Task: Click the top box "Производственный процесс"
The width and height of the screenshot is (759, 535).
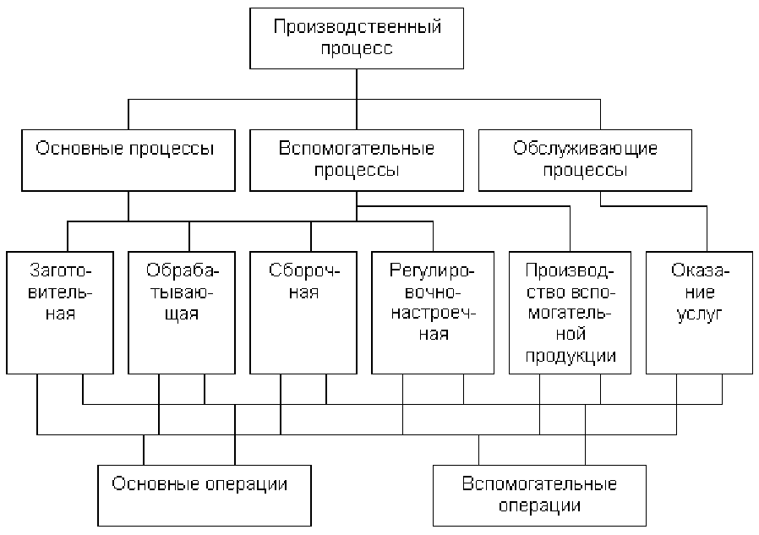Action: (x=357, y=38)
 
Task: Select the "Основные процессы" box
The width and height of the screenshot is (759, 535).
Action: (x=128, y=161)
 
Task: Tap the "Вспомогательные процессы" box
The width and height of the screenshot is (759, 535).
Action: (x=357, y=161)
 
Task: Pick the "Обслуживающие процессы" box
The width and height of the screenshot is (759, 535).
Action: (x=585, y=161)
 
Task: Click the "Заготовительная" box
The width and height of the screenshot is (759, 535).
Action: (x=60, y=313)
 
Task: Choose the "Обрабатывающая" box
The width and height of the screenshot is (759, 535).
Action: (x=182, y=313)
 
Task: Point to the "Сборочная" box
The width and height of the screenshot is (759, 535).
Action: (x=303, y=313)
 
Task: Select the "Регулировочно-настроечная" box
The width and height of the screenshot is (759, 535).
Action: (x=433, y=313)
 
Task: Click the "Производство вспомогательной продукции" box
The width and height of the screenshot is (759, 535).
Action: (x=571, y=313)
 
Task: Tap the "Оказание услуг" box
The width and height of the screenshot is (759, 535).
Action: (x=700, y=313)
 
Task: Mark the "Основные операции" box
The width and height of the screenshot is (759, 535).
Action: (x=205, y=496)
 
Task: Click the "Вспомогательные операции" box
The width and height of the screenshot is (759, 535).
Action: (x=540, y=496)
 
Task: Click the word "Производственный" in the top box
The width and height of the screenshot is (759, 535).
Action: (x=358, y=27)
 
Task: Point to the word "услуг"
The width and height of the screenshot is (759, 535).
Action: (x=700, y=314)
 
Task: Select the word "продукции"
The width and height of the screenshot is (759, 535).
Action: (x=571, y=357)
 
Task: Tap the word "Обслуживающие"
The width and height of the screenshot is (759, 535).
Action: (x=585, y=148)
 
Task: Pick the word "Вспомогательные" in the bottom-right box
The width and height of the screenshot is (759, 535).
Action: (x=539, y=483)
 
